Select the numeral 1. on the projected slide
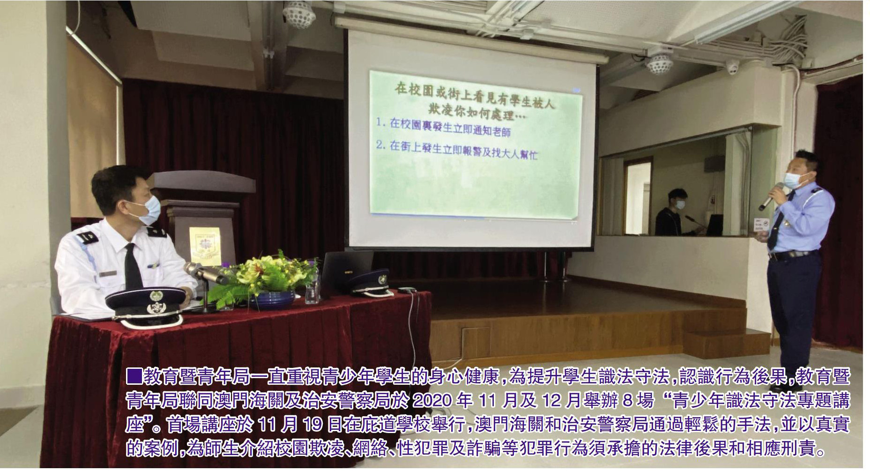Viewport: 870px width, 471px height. click(x=380, y=122)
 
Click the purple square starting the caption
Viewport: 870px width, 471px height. click(x=134, y=376)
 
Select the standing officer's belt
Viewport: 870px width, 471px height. click(x=793, y=255)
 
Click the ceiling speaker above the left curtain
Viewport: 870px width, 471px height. click(x=298, y=14)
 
